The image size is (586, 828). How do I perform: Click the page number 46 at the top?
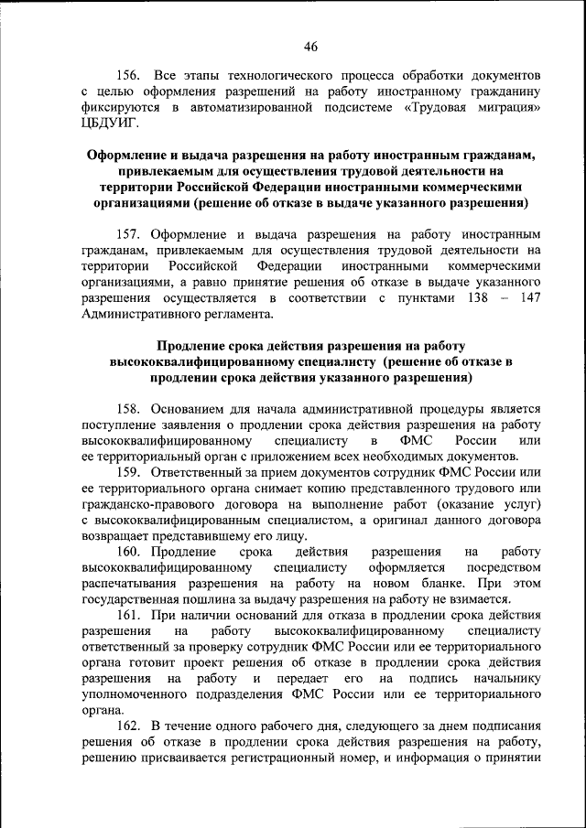(x=310, y=47)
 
